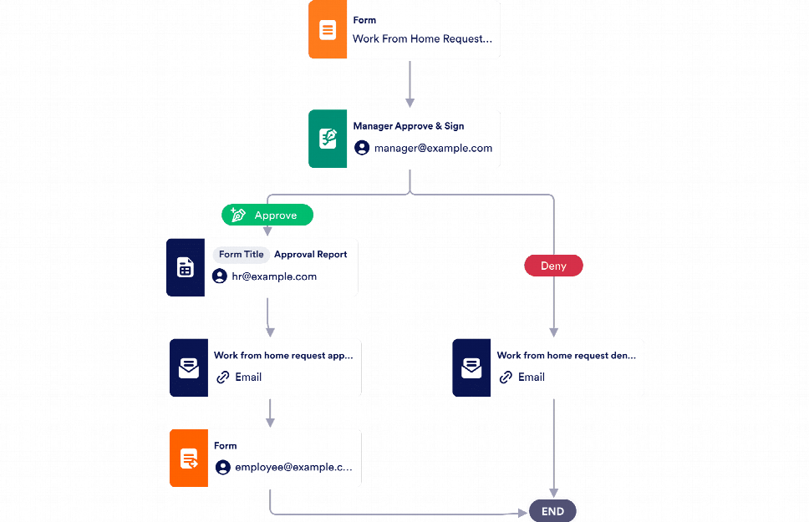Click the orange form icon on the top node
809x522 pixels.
pos(328,30)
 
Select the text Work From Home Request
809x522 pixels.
pos(422,39)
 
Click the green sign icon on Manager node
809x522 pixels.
pos(328,139)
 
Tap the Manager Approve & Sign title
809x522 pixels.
pos(408,126)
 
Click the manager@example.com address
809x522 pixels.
pos(433,148)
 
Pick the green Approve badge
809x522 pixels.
pos(267,215)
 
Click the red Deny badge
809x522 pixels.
pos(553,266)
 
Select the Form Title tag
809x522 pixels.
pos(241,255)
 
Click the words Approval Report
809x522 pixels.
pos(310,255)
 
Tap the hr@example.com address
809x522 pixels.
pos(274,276)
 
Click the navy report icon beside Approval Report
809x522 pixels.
pos(186,267)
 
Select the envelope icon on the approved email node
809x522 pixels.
pos(189,367)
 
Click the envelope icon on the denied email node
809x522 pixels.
pos(471,367)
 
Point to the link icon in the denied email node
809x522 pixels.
pos(506,378)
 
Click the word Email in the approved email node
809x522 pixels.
pos(248,378)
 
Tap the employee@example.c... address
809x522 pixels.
pos(293,468)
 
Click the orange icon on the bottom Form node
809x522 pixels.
pos(189,458)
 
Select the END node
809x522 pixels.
pos(552,511)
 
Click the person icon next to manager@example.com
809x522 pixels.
pos(362,148)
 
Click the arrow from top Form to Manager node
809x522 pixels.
pos(410,84)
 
